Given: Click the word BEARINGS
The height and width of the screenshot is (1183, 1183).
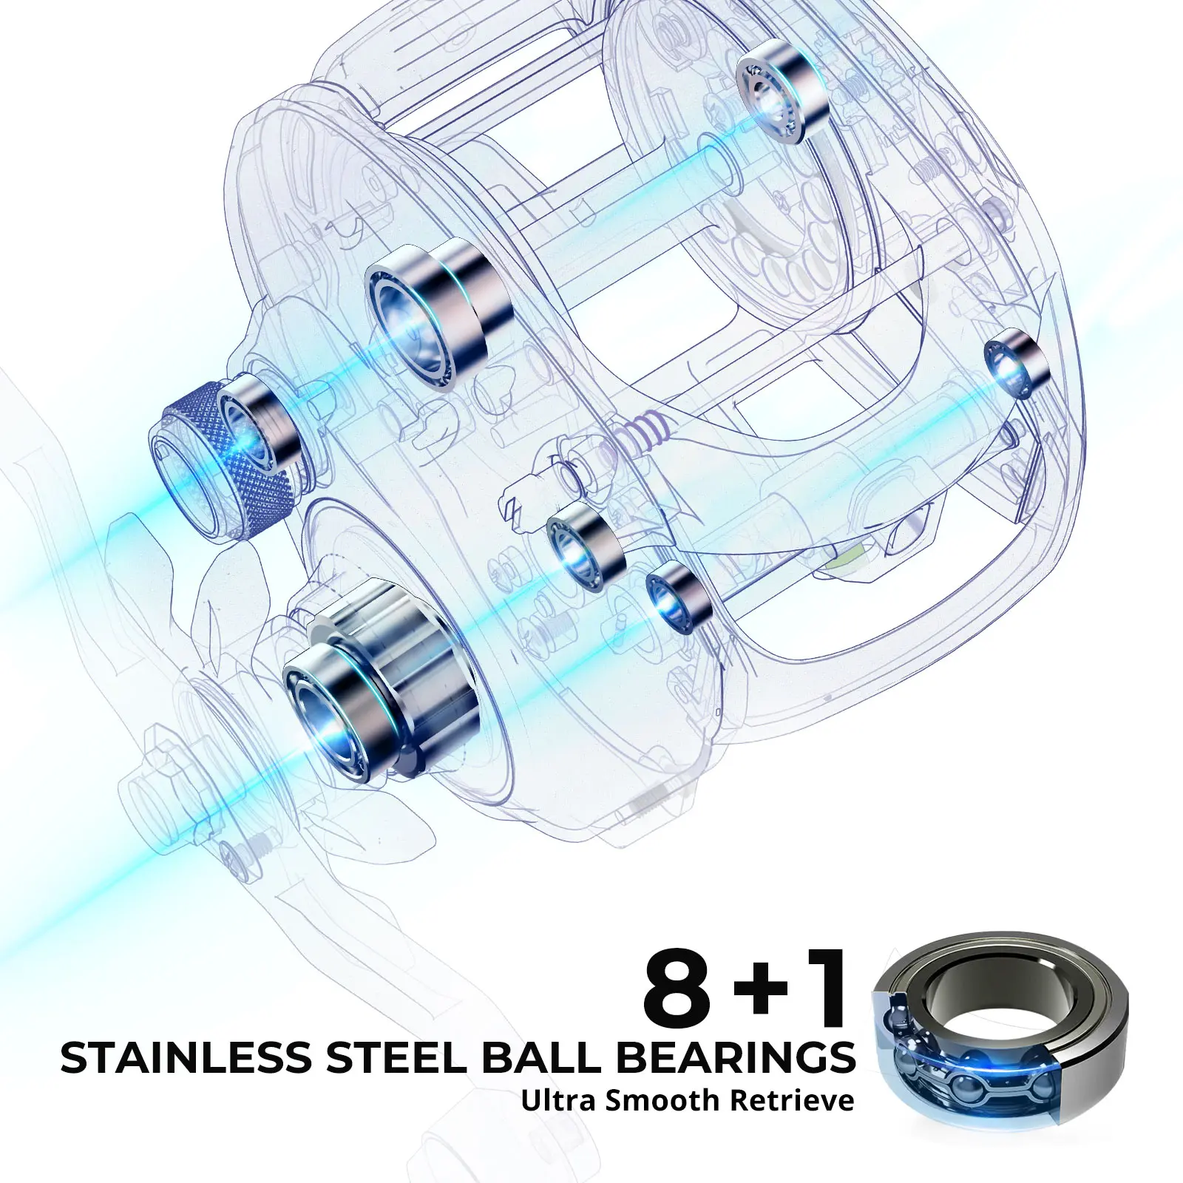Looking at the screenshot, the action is [x=736, y=1060].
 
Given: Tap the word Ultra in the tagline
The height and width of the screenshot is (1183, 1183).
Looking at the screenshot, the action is [x=559, y=1099].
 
